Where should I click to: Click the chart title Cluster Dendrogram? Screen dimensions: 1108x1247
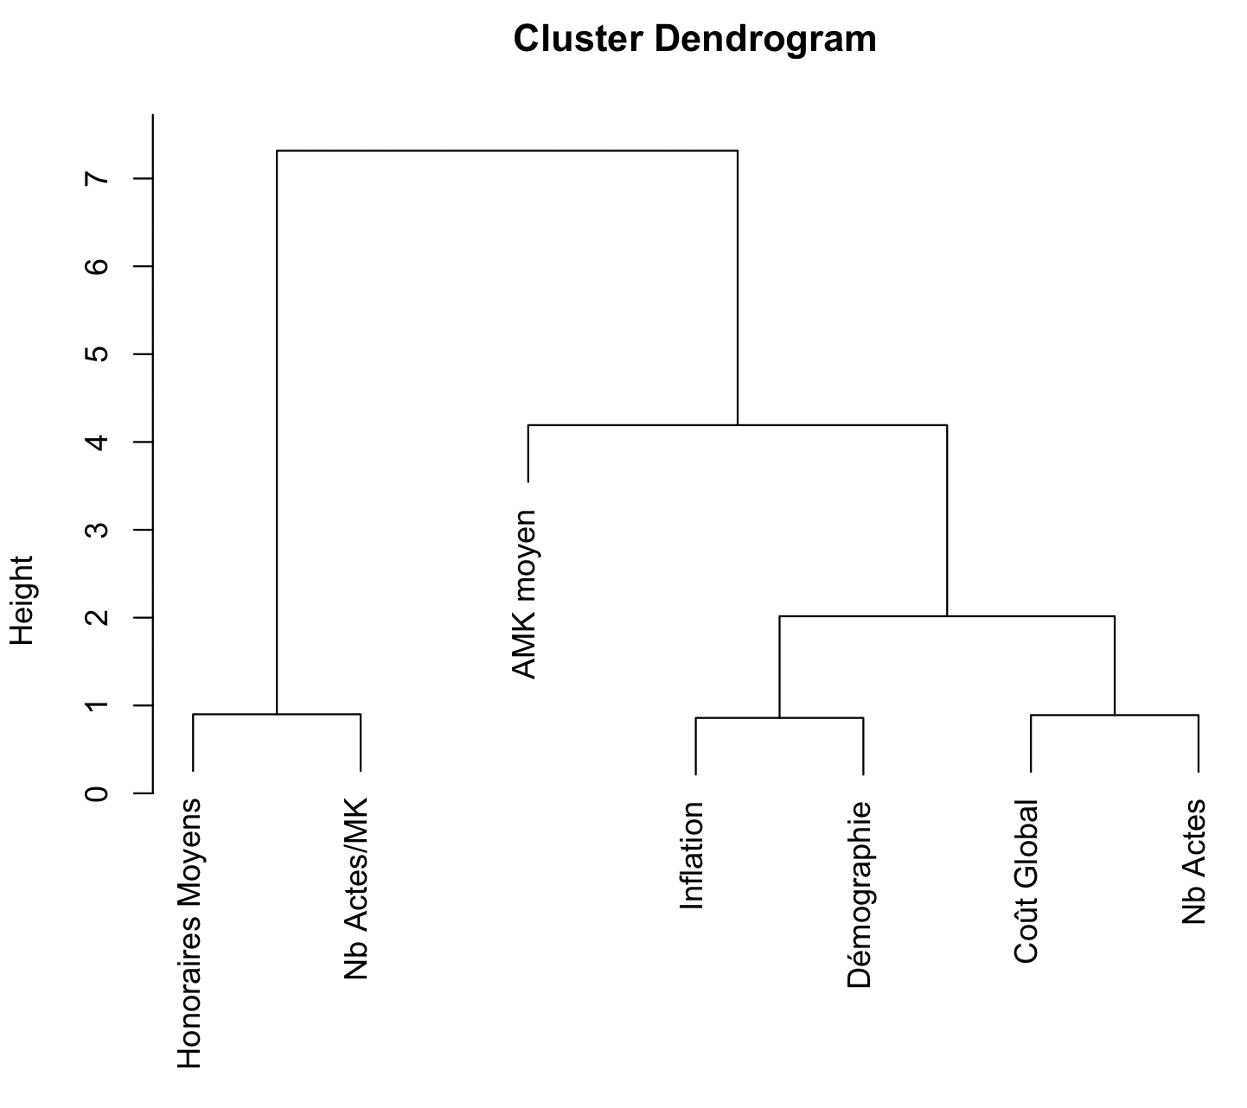pos(694,40)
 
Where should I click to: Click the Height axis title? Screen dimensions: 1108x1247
pos(22,600)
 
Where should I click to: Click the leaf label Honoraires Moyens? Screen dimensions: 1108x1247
pos(189,933)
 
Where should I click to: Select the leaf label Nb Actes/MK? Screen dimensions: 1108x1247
pos(356,888)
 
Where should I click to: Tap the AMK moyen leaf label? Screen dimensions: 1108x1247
pos(525,595)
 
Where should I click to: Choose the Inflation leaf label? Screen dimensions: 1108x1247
pos(693,856)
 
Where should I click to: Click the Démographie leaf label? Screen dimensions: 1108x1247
pos(860,895)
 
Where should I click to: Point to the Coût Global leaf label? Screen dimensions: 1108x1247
pos(1026,882)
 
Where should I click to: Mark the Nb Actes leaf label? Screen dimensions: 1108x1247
pos(1194,862)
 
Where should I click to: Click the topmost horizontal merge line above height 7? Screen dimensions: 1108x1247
pos(507,150)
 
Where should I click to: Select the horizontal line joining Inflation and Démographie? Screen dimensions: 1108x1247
pos(779,717)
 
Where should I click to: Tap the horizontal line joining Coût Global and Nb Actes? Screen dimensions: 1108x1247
pos(1114,715)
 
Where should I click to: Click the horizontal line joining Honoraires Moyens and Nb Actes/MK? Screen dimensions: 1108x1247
pos(276,714)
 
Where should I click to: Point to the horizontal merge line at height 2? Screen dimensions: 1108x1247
pos(947,616)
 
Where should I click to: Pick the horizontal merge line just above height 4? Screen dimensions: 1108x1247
pos(738,425)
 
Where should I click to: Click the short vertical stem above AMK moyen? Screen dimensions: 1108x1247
pos(528,454)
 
